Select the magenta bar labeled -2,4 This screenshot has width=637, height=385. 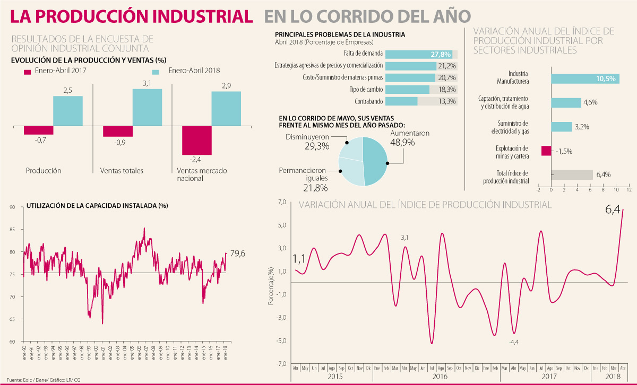[x=196, y=141]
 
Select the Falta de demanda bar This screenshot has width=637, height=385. [x=421, y=54]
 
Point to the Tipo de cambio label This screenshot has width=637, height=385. [x=366, y=89]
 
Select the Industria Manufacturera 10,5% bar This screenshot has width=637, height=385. [x=584, y=78]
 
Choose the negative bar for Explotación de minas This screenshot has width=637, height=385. [x=546, y=151]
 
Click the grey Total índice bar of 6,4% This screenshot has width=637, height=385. [x=572, y=175]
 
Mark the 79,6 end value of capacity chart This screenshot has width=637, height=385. [x=238, y=254]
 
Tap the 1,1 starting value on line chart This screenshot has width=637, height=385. [x=299, y=259]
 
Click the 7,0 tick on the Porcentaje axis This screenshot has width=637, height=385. [x=281, y=203]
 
